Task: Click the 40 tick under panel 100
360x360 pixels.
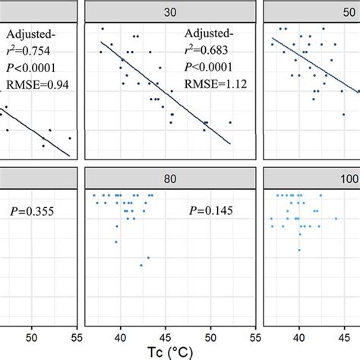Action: pyautogui.click(x=300, y=336)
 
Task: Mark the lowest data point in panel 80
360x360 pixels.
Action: pyautogui.click(x=141, y=265)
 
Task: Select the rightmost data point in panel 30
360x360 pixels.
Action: pyautogui.click(x=230, y=122)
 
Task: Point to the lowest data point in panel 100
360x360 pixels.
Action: pyautogui.click(x=300, y=249)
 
